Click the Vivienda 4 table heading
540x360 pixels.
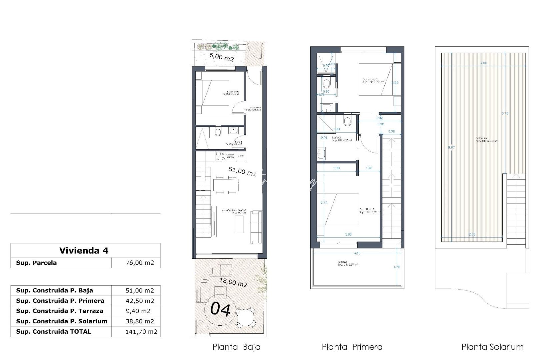(x=84, y=251)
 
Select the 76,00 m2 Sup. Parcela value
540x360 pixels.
(x=140, y=263)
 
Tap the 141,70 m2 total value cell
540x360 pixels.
(x=141, y=332)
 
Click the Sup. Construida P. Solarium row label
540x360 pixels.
(x=62, y=321)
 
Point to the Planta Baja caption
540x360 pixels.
(x=236, y=347)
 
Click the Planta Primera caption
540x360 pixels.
(x=352, y=347)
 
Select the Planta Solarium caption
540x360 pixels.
(x=492, y=347)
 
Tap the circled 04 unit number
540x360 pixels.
(x=221, y=310)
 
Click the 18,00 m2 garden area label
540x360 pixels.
(x=233, y=282)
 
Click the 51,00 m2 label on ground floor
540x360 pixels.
(x=242, y=171)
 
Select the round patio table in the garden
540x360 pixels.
(x=246, y=318)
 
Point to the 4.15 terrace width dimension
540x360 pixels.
(x=357, y=253)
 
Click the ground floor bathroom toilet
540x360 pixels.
(x=218, y=132)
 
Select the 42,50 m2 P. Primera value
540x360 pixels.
(x=140, y=301)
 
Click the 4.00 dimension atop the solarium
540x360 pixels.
(x=483, y=63)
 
